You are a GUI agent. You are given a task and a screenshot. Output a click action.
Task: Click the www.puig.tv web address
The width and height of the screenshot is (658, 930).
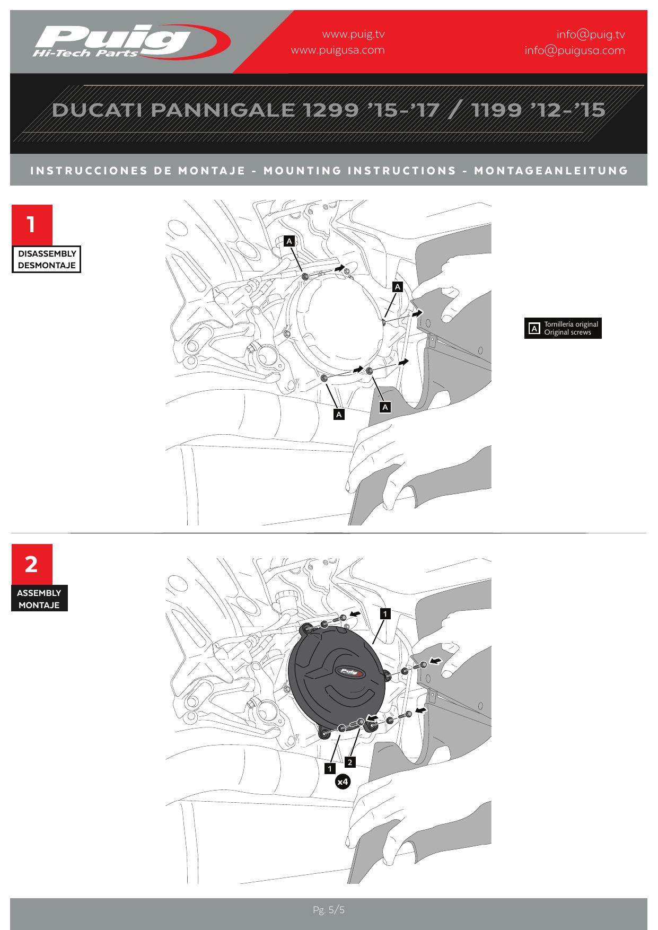coord(353,34)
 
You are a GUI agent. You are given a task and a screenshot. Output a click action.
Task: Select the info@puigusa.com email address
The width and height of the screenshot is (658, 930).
coord(575,50)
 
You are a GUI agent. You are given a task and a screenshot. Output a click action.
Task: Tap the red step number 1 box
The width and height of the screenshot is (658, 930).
coord(32,225)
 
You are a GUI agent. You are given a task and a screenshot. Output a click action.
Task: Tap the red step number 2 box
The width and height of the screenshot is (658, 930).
coord(32,564)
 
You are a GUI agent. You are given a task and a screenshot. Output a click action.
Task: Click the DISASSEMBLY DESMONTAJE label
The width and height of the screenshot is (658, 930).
coord(47,259)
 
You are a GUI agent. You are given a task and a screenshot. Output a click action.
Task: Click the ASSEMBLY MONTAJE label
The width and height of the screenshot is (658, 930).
coord(39,599)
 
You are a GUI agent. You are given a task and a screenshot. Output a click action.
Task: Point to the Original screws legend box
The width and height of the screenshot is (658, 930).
coord(563,328)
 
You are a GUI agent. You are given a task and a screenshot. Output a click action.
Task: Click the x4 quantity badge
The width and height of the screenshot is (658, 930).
coord(343,782)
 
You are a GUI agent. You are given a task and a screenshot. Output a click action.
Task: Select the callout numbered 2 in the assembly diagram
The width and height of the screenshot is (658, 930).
coord(350,762)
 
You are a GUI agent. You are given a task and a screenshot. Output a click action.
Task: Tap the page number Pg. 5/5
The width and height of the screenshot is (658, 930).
coord(329,910)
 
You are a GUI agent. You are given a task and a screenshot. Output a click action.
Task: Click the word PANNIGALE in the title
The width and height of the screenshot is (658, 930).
coord(223,110)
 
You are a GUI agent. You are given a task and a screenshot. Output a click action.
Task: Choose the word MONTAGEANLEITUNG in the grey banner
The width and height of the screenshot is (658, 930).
coord(551,171)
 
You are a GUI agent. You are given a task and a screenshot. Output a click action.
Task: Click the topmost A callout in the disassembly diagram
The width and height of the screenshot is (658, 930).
coord(289,241)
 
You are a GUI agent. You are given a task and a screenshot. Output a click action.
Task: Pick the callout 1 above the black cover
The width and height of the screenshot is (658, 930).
coord(385,613)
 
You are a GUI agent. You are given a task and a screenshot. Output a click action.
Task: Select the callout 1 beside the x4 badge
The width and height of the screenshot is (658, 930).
coord(330,768)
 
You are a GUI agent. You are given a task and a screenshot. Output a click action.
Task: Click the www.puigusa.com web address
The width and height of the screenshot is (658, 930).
coord(338,50)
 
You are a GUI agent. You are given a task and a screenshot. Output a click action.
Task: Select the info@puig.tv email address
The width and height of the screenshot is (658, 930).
coord(591,34)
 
